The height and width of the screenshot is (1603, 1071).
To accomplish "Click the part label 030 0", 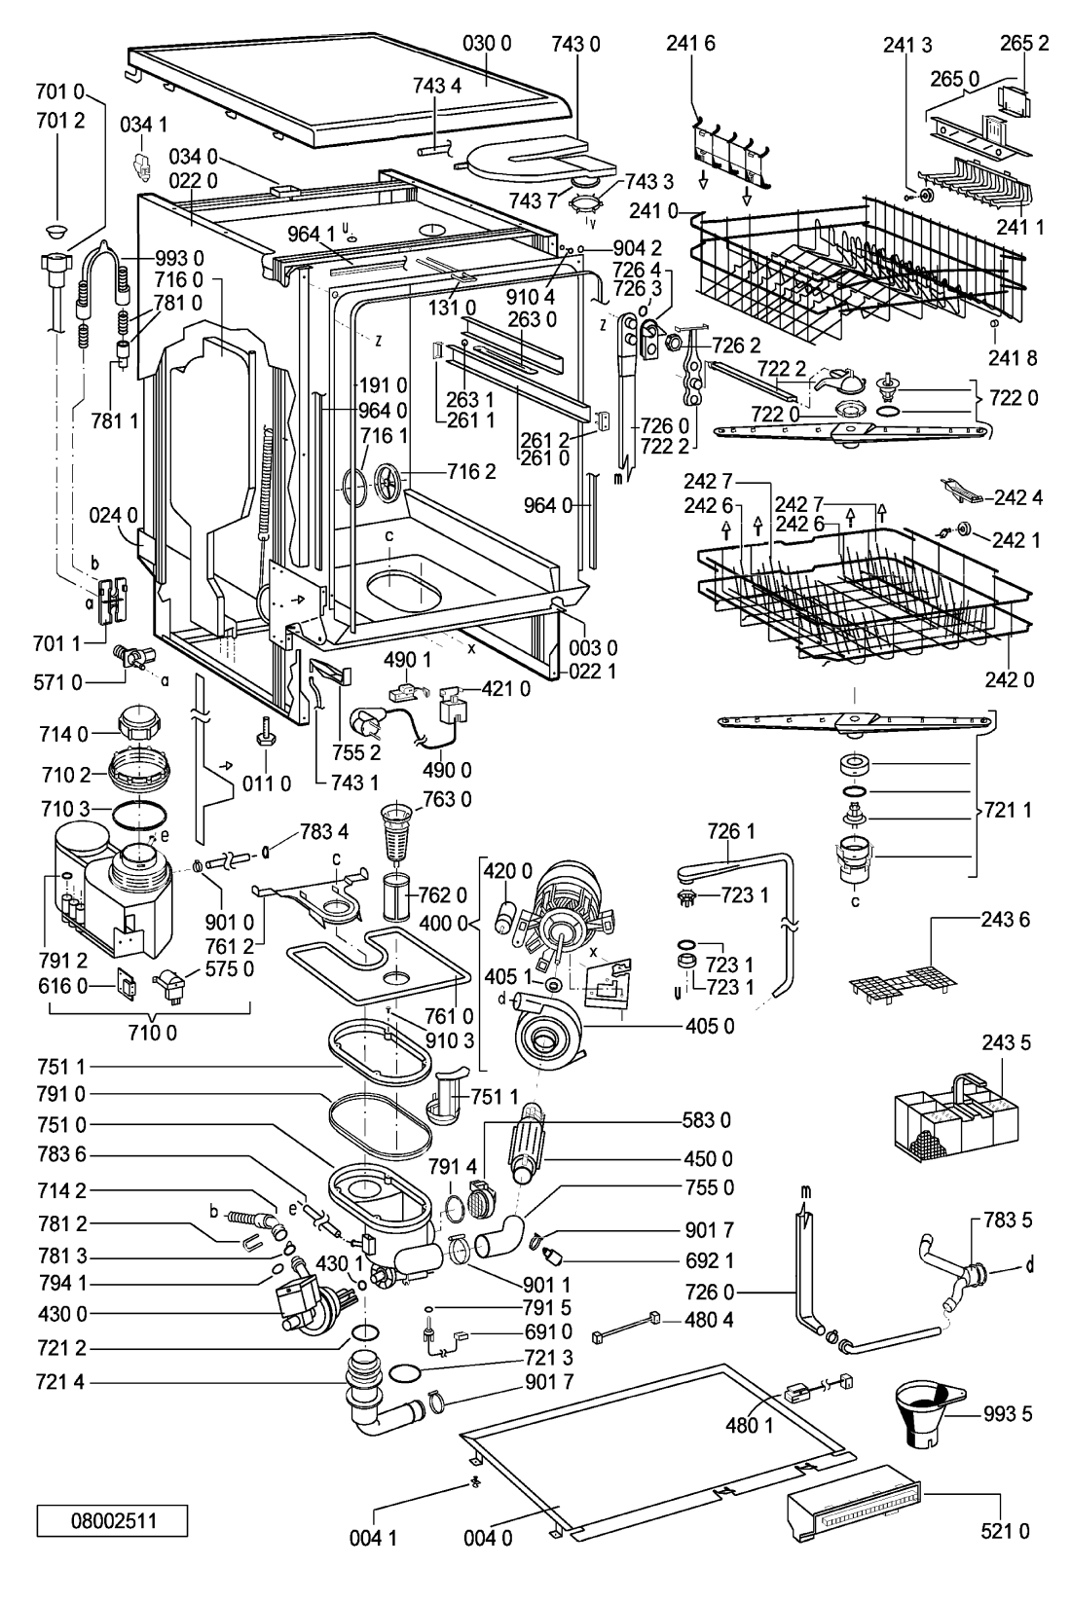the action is (x=487, y=44).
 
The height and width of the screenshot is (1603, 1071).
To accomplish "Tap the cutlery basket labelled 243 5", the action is (x=956, y=1117).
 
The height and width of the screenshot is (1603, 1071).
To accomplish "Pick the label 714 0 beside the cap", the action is (x=63, y=734).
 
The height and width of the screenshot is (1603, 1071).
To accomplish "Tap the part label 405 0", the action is (x=710, y=1026).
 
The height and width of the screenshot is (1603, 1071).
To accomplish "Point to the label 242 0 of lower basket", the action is (x=1009, y=679).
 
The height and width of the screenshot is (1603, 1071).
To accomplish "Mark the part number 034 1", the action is (x=143, y=125).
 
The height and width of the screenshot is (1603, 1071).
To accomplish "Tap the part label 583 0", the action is (x=707, y=1120).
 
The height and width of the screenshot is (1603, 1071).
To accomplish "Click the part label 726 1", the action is (x=730, y=831).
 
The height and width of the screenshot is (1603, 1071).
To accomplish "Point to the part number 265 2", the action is (x=1024, y=44).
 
